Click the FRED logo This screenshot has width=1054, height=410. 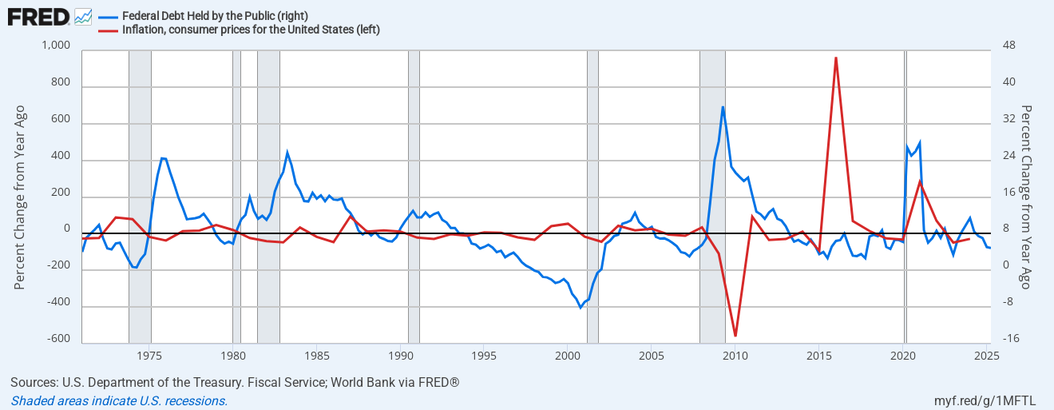tap(38, 16)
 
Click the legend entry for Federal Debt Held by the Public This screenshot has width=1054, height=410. tap(216, 16)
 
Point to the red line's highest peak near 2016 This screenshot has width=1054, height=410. tap(835, 58)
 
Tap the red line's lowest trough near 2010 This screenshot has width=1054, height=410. tap(735, 336)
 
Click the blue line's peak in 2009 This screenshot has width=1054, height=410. tap(723, 107)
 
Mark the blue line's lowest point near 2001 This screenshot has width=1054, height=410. tap(580, 308)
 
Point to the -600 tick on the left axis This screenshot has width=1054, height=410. tap(57, 339)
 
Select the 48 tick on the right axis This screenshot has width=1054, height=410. tap(1008, 45)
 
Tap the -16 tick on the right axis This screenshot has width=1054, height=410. tap(1009, 339)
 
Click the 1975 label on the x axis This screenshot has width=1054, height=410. tap(149, 355)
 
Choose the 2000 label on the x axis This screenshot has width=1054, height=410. tap(567, 355)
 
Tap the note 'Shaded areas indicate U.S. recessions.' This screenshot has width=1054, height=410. tap(120, 400)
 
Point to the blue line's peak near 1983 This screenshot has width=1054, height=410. tap(287, 152)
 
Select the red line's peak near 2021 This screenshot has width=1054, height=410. tap(920, 181)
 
